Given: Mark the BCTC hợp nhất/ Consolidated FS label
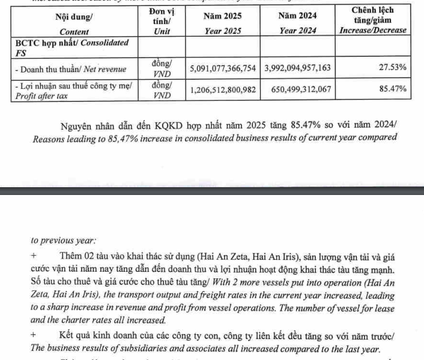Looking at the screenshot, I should pyautogui.click(x=71, y=47).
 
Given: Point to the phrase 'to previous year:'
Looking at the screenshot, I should pyautogui.click(x=62, y=240).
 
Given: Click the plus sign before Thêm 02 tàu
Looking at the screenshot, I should pyautogui.click(x=33, y=257).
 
